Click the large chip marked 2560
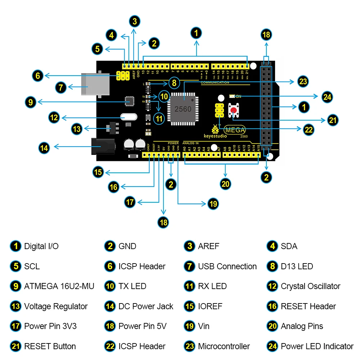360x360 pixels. tap(183, 108)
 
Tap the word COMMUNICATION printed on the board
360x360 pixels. tap(215, 82)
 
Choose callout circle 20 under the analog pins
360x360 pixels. tap(225, 184)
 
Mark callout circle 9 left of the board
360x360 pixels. tap(31, 102)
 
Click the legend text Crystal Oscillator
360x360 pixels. tap(310, 287)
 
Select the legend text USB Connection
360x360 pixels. tap(227, 267)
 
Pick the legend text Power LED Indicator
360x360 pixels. tap(317, 346)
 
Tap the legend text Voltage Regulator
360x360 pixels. tap(56, 307)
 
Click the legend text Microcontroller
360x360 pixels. tap(224, 346)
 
